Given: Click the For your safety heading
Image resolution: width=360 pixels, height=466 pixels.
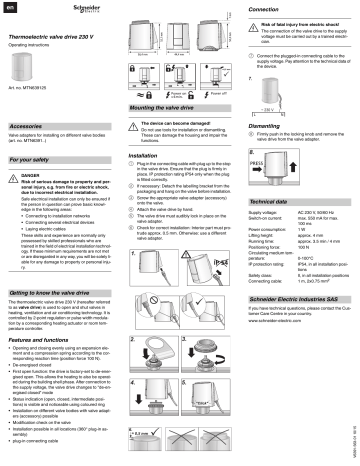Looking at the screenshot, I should tap(31, 159).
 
